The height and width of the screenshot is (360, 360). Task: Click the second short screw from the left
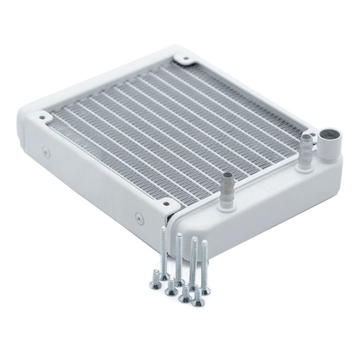172,286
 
